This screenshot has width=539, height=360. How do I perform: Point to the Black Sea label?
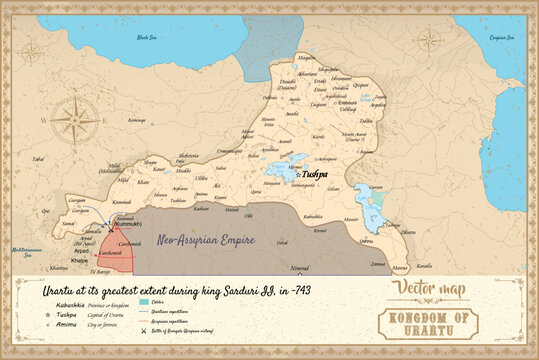click(x=151, y=36)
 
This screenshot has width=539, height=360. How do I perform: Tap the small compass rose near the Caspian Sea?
click(x=431, y=40)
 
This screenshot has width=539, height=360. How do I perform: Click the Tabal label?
click(x=38, y=159)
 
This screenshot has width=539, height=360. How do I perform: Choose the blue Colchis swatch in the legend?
click(x=145, y=301)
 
